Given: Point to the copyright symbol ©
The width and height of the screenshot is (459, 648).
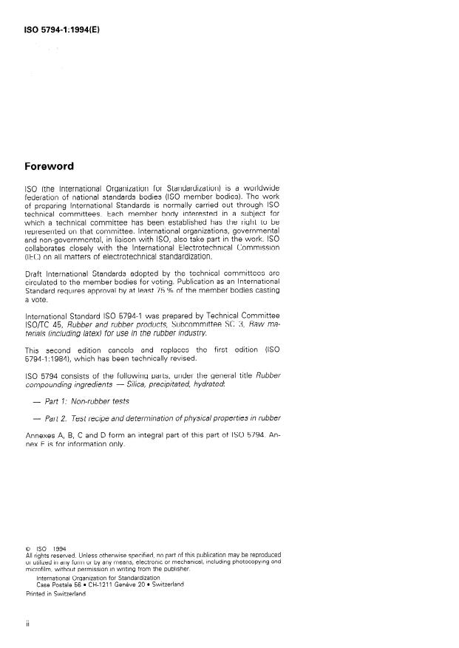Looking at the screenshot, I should [28, 548].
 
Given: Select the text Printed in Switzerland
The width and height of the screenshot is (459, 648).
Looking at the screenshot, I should [56, 593].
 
